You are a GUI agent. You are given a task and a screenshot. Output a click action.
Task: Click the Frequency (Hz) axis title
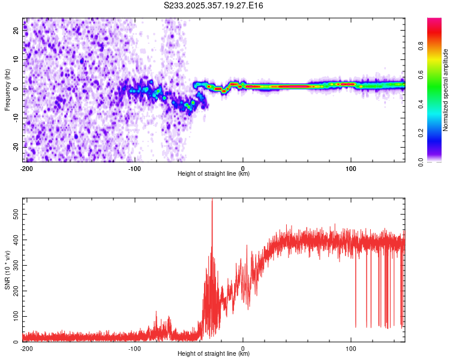pos(7,90)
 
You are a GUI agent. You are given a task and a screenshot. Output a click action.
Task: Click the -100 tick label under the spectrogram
pos(134,167)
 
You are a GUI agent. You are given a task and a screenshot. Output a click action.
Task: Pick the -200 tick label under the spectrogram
pos(26,167)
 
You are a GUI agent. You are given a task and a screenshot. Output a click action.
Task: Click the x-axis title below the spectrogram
pos(214,174)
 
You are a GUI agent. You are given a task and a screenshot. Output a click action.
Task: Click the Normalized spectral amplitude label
pos(445,90)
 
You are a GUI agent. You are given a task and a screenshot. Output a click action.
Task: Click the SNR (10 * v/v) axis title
pos(7,270)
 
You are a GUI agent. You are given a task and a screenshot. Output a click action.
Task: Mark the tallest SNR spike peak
pos(212,200)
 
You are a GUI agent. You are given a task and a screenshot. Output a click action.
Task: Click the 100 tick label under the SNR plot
pos(351,348)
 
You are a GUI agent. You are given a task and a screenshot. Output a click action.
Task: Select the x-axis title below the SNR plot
pos(214,354)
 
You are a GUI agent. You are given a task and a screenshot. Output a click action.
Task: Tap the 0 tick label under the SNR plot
pos(243,348)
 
